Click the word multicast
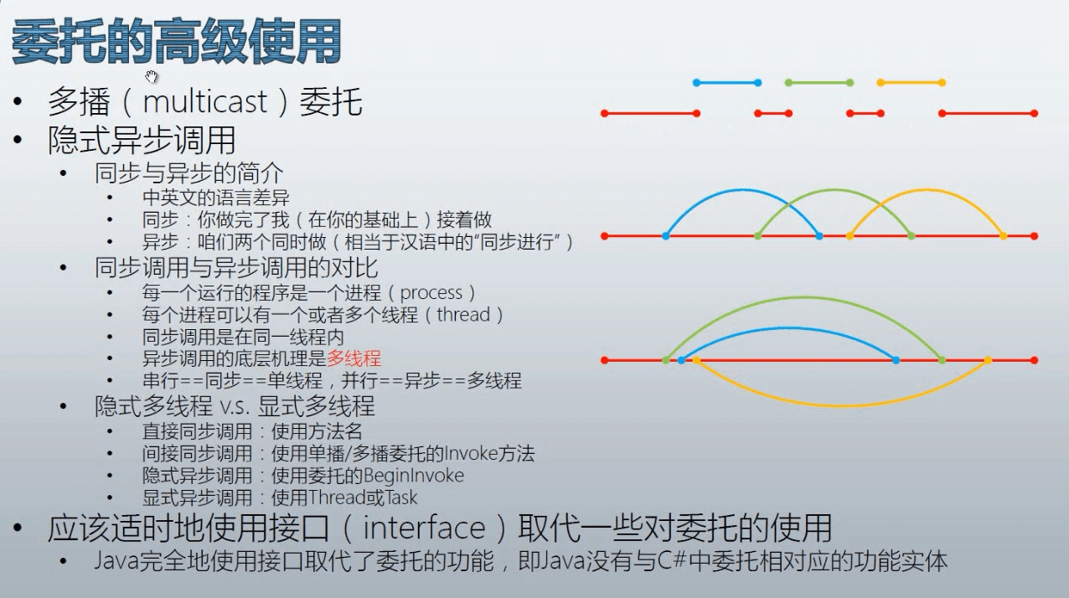click(205, 101)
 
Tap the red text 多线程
click(354, 358)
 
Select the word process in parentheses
click(431, 292)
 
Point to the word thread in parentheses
click(463, 315)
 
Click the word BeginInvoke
click(413, 476)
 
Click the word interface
click(424, 528)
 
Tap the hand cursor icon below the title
click(151, 76)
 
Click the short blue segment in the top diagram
click(727, 83)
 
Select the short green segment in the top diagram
click(819, 83)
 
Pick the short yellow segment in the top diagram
click(911, 83)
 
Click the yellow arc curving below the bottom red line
click(842, 405)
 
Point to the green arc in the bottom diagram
click(804, 298)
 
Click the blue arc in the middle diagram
click(742, 190)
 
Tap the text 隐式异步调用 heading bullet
click(142, 140)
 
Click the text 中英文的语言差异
click(215, 198)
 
